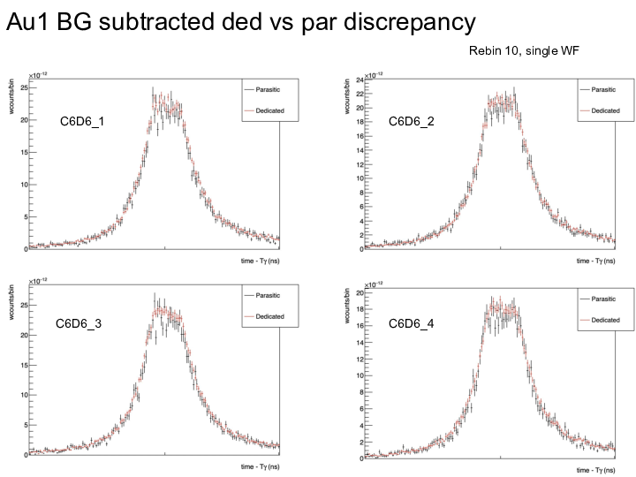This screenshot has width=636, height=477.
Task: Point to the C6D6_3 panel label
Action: click(x=79, y=324)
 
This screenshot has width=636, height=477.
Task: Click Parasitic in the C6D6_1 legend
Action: click(x=270, y=89)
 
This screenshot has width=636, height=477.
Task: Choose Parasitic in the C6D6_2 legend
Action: click(x=604, y=89)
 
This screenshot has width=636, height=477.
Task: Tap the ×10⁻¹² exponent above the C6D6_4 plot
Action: click(x=375, y=283)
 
